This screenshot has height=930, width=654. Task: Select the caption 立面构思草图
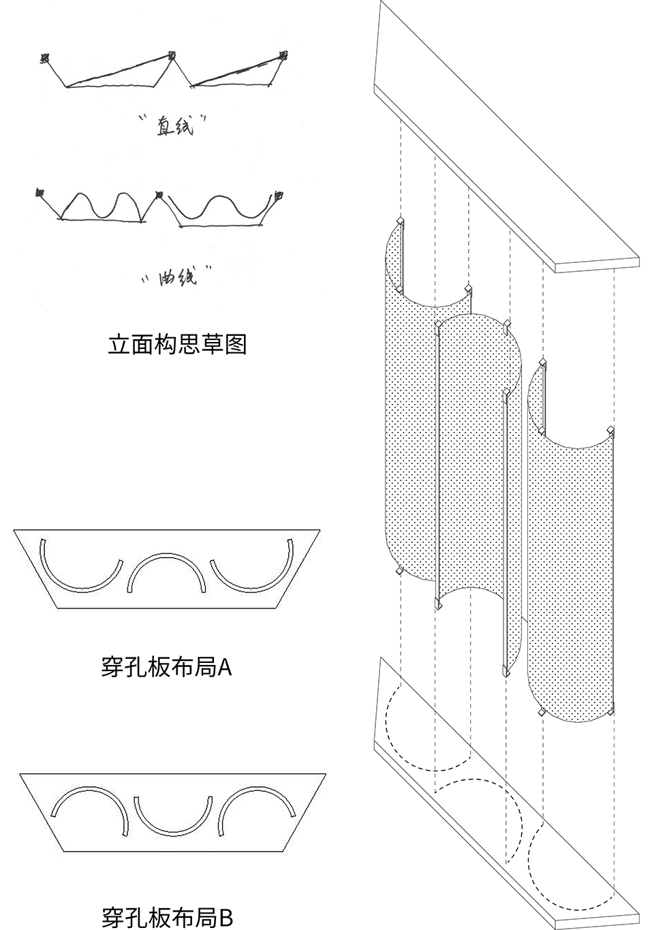(177, 344)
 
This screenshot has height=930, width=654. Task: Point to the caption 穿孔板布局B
(168, 917)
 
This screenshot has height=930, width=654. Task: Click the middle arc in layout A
(166, 555)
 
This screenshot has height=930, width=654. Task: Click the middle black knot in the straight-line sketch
(172, 55)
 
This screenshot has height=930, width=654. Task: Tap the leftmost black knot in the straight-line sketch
(44, 58)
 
